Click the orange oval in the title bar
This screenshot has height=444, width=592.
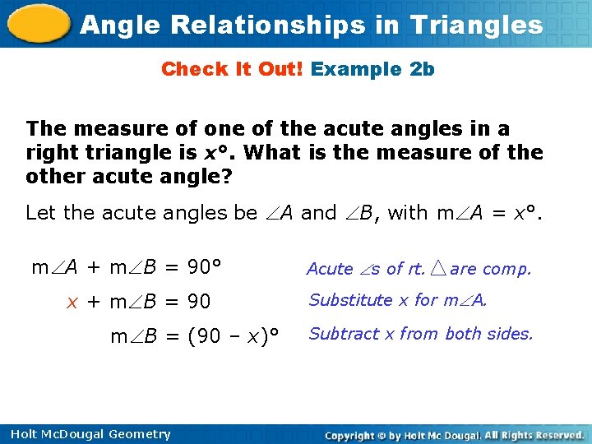tap(37, 25)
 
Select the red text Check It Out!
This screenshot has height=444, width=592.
tap(233, 70)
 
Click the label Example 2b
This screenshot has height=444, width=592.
tap(372, 70)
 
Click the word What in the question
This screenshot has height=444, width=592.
tap(274, 152)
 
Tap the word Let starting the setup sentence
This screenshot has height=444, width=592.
tap(41, 213)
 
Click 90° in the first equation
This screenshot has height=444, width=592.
tap(206, 267)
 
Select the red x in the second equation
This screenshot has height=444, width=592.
tap(72, 302)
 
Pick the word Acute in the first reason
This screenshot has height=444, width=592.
tap(330, 269)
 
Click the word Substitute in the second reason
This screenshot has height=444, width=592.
tap(350, 300)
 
